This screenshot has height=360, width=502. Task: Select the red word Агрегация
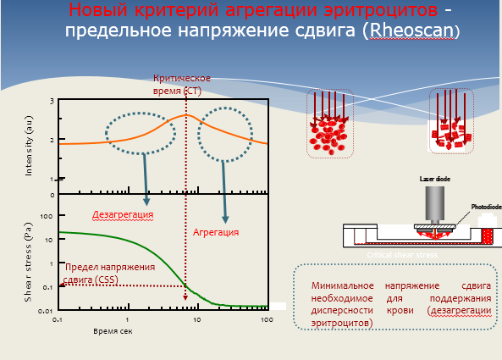(216, 231)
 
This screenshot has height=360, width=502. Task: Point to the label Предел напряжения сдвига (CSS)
(110, 271)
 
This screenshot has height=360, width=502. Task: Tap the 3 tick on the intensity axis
(52, 102)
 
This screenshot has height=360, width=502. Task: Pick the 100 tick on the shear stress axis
(47, 216)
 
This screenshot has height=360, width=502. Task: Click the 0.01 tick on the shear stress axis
(46, 312)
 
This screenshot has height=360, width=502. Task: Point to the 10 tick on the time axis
(197, 320)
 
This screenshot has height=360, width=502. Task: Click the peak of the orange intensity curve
(186, 116)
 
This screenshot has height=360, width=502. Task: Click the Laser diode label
(437, 179)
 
